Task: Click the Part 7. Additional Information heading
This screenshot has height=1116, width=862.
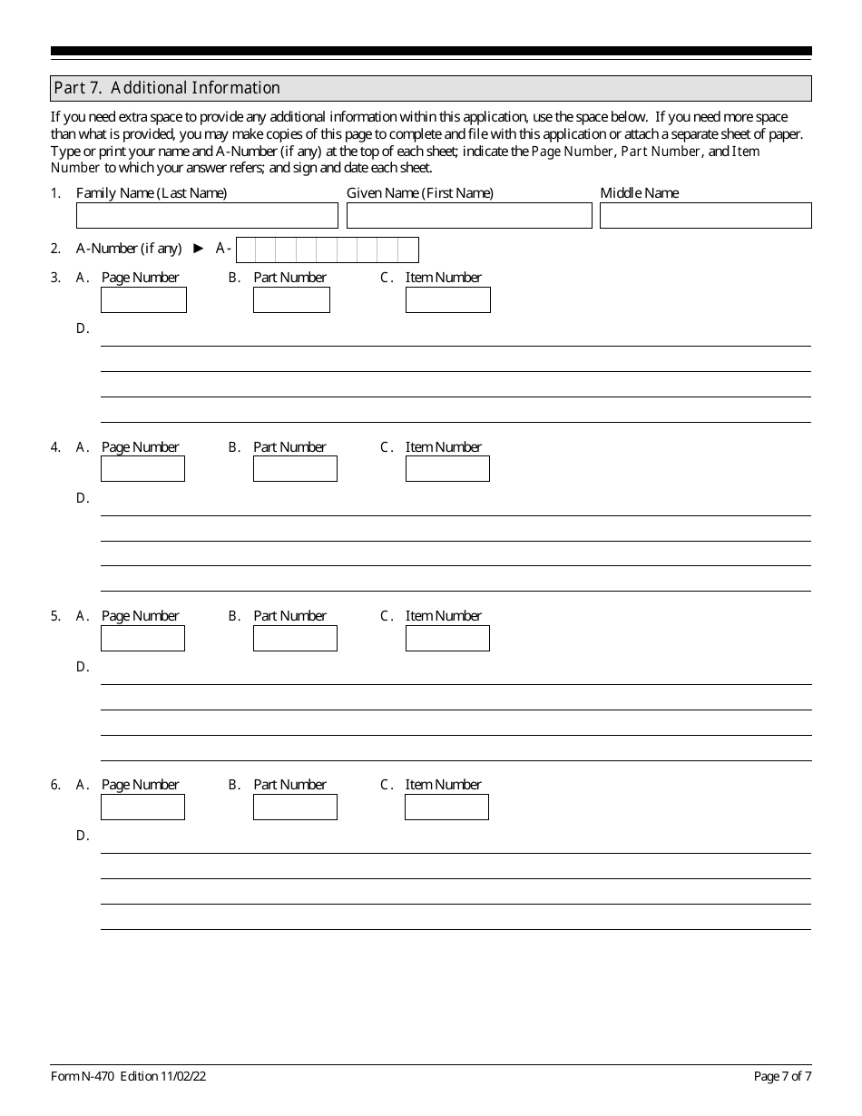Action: point(167,88)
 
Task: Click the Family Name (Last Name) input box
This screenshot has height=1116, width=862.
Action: point(207,215)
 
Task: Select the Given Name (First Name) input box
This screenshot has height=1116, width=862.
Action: point(469,215)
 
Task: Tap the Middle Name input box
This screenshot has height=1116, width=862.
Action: point(705,215)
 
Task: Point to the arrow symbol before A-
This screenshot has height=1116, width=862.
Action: point(199,248)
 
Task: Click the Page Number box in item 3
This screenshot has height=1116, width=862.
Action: point(143,300)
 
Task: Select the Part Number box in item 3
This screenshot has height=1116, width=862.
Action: point(291,300)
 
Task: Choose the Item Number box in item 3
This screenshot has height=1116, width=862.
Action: point(447,300)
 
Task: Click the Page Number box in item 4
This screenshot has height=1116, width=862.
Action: point(142,469)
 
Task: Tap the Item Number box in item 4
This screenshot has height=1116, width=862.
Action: point(447,469)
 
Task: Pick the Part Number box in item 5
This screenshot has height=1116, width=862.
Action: point(295,638)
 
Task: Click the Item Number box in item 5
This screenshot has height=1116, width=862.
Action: point(447,638)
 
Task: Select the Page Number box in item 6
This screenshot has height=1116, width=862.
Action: point(142,807)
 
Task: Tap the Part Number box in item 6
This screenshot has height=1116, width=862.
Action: point(295,807)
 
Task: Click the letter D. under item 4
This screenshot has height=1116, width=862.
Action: point(83,497)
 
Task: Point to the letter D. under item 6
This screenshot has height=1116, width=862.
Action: point(83,835)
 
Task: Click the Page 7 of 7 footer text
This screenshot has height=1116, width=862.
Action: point(782,1076)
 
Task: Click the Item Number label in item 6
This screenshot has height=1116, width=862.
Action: point(443,784)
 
